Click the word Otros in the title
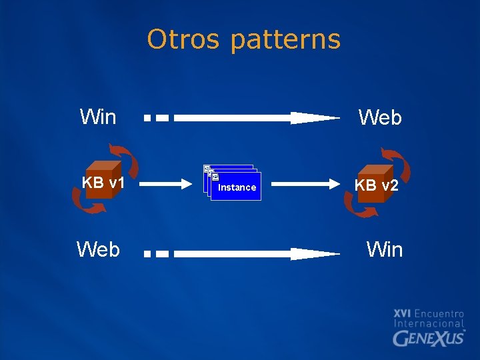[x=183, y=39]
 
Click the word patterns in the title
[x=285, y=41]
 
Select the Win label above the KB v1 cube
[x=98, y=117]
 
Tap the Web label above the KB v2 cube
[x=380, y=118]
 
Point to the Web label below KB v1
[x=98, y=249]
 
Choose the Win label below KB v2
[x=385, y=249]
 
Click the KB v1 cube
[x=101, y=181]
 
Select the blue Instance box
[x=235, y=187]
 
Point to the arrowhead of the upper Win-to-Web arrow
[x=313, y=118]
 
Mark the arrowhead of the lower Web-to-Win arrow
[x=313, y=254]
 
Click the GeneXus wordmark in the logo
[x=429, y=338]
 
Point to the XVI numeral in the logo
[x=402, y=313]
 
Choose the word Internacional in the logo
[x=429, y=323]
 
